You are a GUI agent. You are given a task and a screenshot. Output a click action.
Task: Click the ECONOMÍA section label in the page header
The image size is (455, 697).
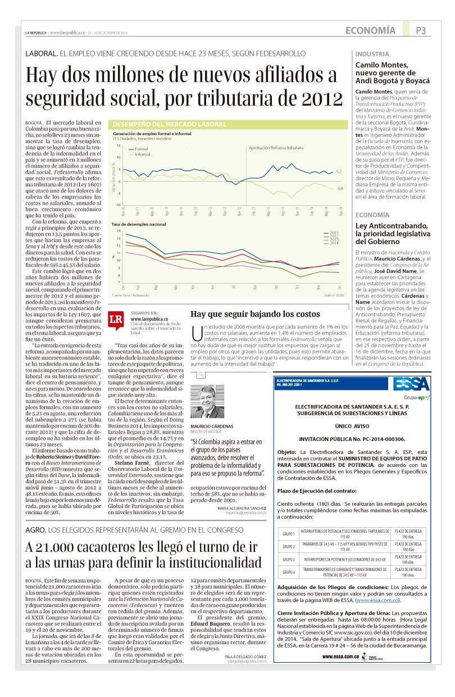click(370, 30)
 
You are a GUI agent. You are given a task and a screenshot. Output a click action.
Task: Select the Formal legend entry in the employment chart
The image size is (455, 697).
click(141, 149)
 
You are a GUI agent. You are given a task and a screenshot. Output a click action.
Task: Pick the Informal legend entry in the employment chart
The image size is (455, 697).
click(142, 154)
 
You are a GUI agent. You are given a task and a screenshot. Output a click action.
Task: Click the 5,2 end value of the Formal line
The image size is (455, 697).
click(339, 172)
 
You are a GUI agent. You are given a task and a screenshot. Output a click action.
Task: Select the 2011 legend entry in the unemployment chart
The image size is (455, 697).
click(333, 233)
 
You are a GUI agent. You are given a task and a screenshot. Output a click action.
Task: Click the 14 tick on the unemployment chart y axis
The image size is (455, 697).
click(119, 231)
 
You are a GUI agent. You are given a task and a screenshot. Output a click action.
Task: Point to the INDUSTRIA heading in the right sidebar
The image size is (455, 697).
click(372, 55)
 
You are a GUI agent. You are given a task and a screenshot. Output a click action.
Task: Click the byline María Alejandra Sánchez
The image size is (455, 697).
click(242, 508)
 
